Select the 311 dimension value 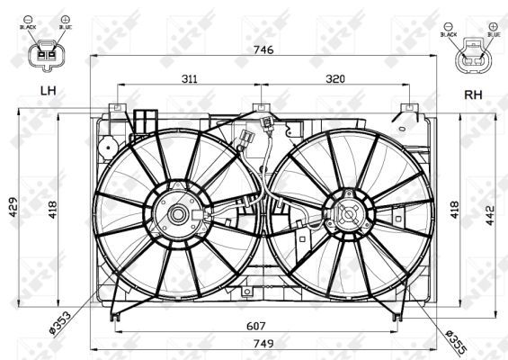[x=189, y=79]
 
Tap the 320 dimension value [x=334, y=79]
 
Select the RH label [x=473, y=93]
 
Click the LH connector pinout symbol [x=44, y=58]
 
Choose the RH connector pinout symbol [x=472, y=60]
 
